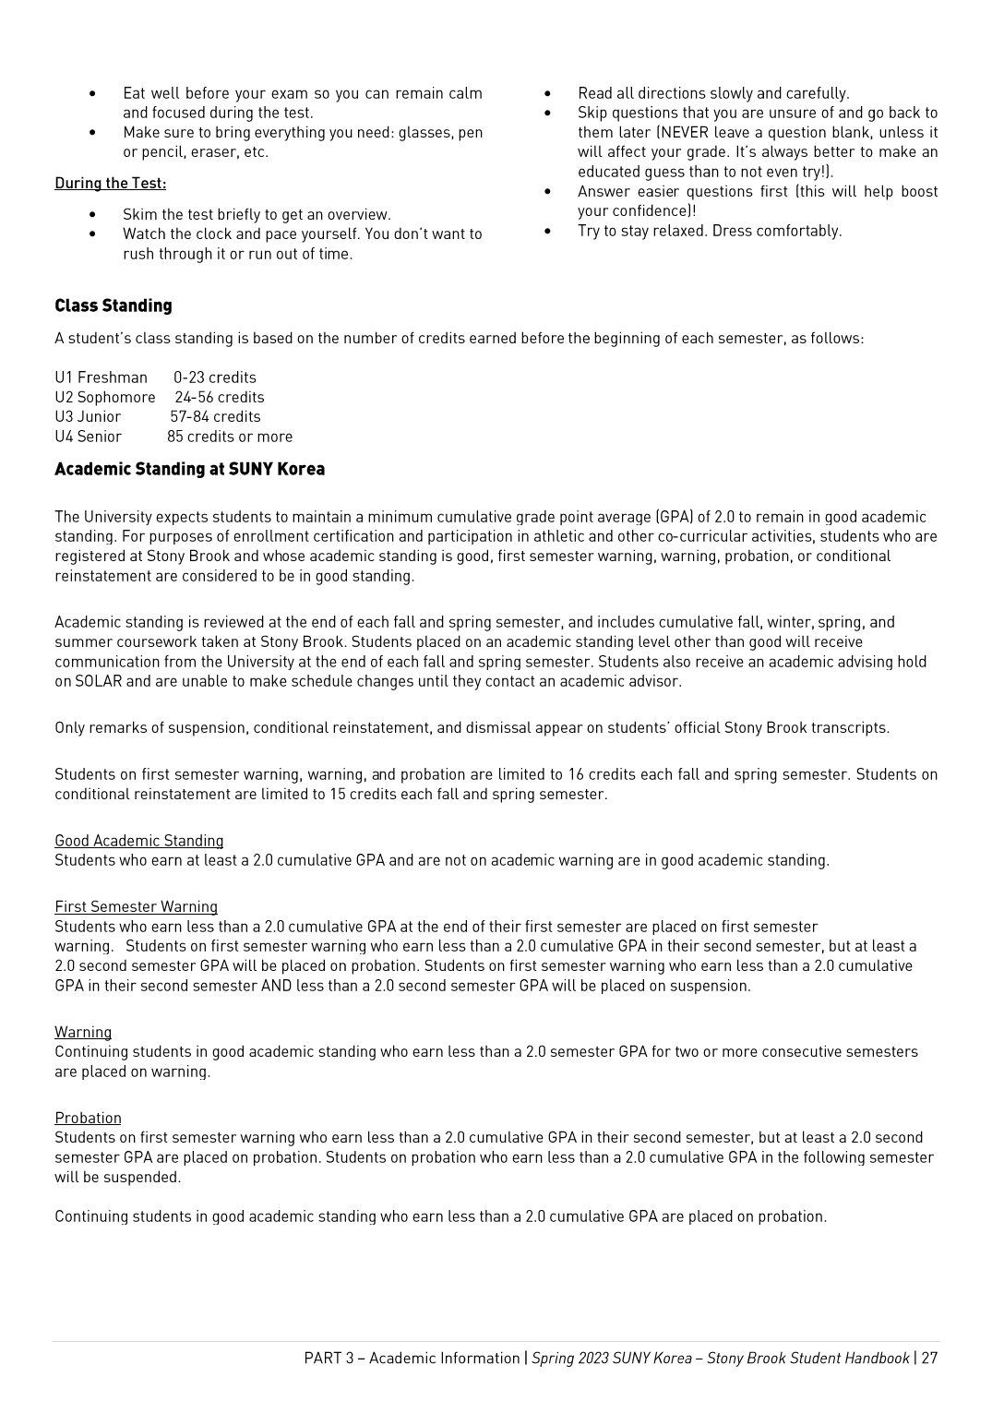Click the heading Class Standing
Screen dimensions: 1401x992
(113, 305)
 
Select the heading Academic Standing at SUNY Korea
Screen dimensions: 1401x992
(189, 469)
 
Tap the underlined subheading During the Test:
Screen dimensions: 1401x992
(110, 183)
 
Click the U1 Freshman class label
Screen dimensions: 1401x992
(101, 377)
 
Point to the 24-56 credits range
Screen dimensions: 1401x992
(220, 397)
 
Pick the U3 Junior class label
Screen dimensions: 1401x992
(88, 416)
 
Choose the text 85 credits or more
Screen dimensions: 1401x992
(230, 437)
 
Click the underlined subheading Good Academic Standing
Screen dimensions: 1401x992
(138, 841)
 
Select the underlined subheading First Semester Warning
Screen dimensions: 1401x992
(136, 906)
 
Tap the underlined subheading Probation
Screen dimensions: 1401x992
(88, 1118)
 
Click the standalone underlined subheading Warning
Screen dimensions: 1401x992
(83, 1032)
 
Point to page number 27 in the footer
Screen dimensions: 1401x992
(928, 1358)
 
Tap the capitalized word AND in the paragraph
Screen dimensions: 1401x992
(276, 986)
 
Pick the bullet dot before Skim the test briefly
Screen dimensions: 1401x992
(92, 215)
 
